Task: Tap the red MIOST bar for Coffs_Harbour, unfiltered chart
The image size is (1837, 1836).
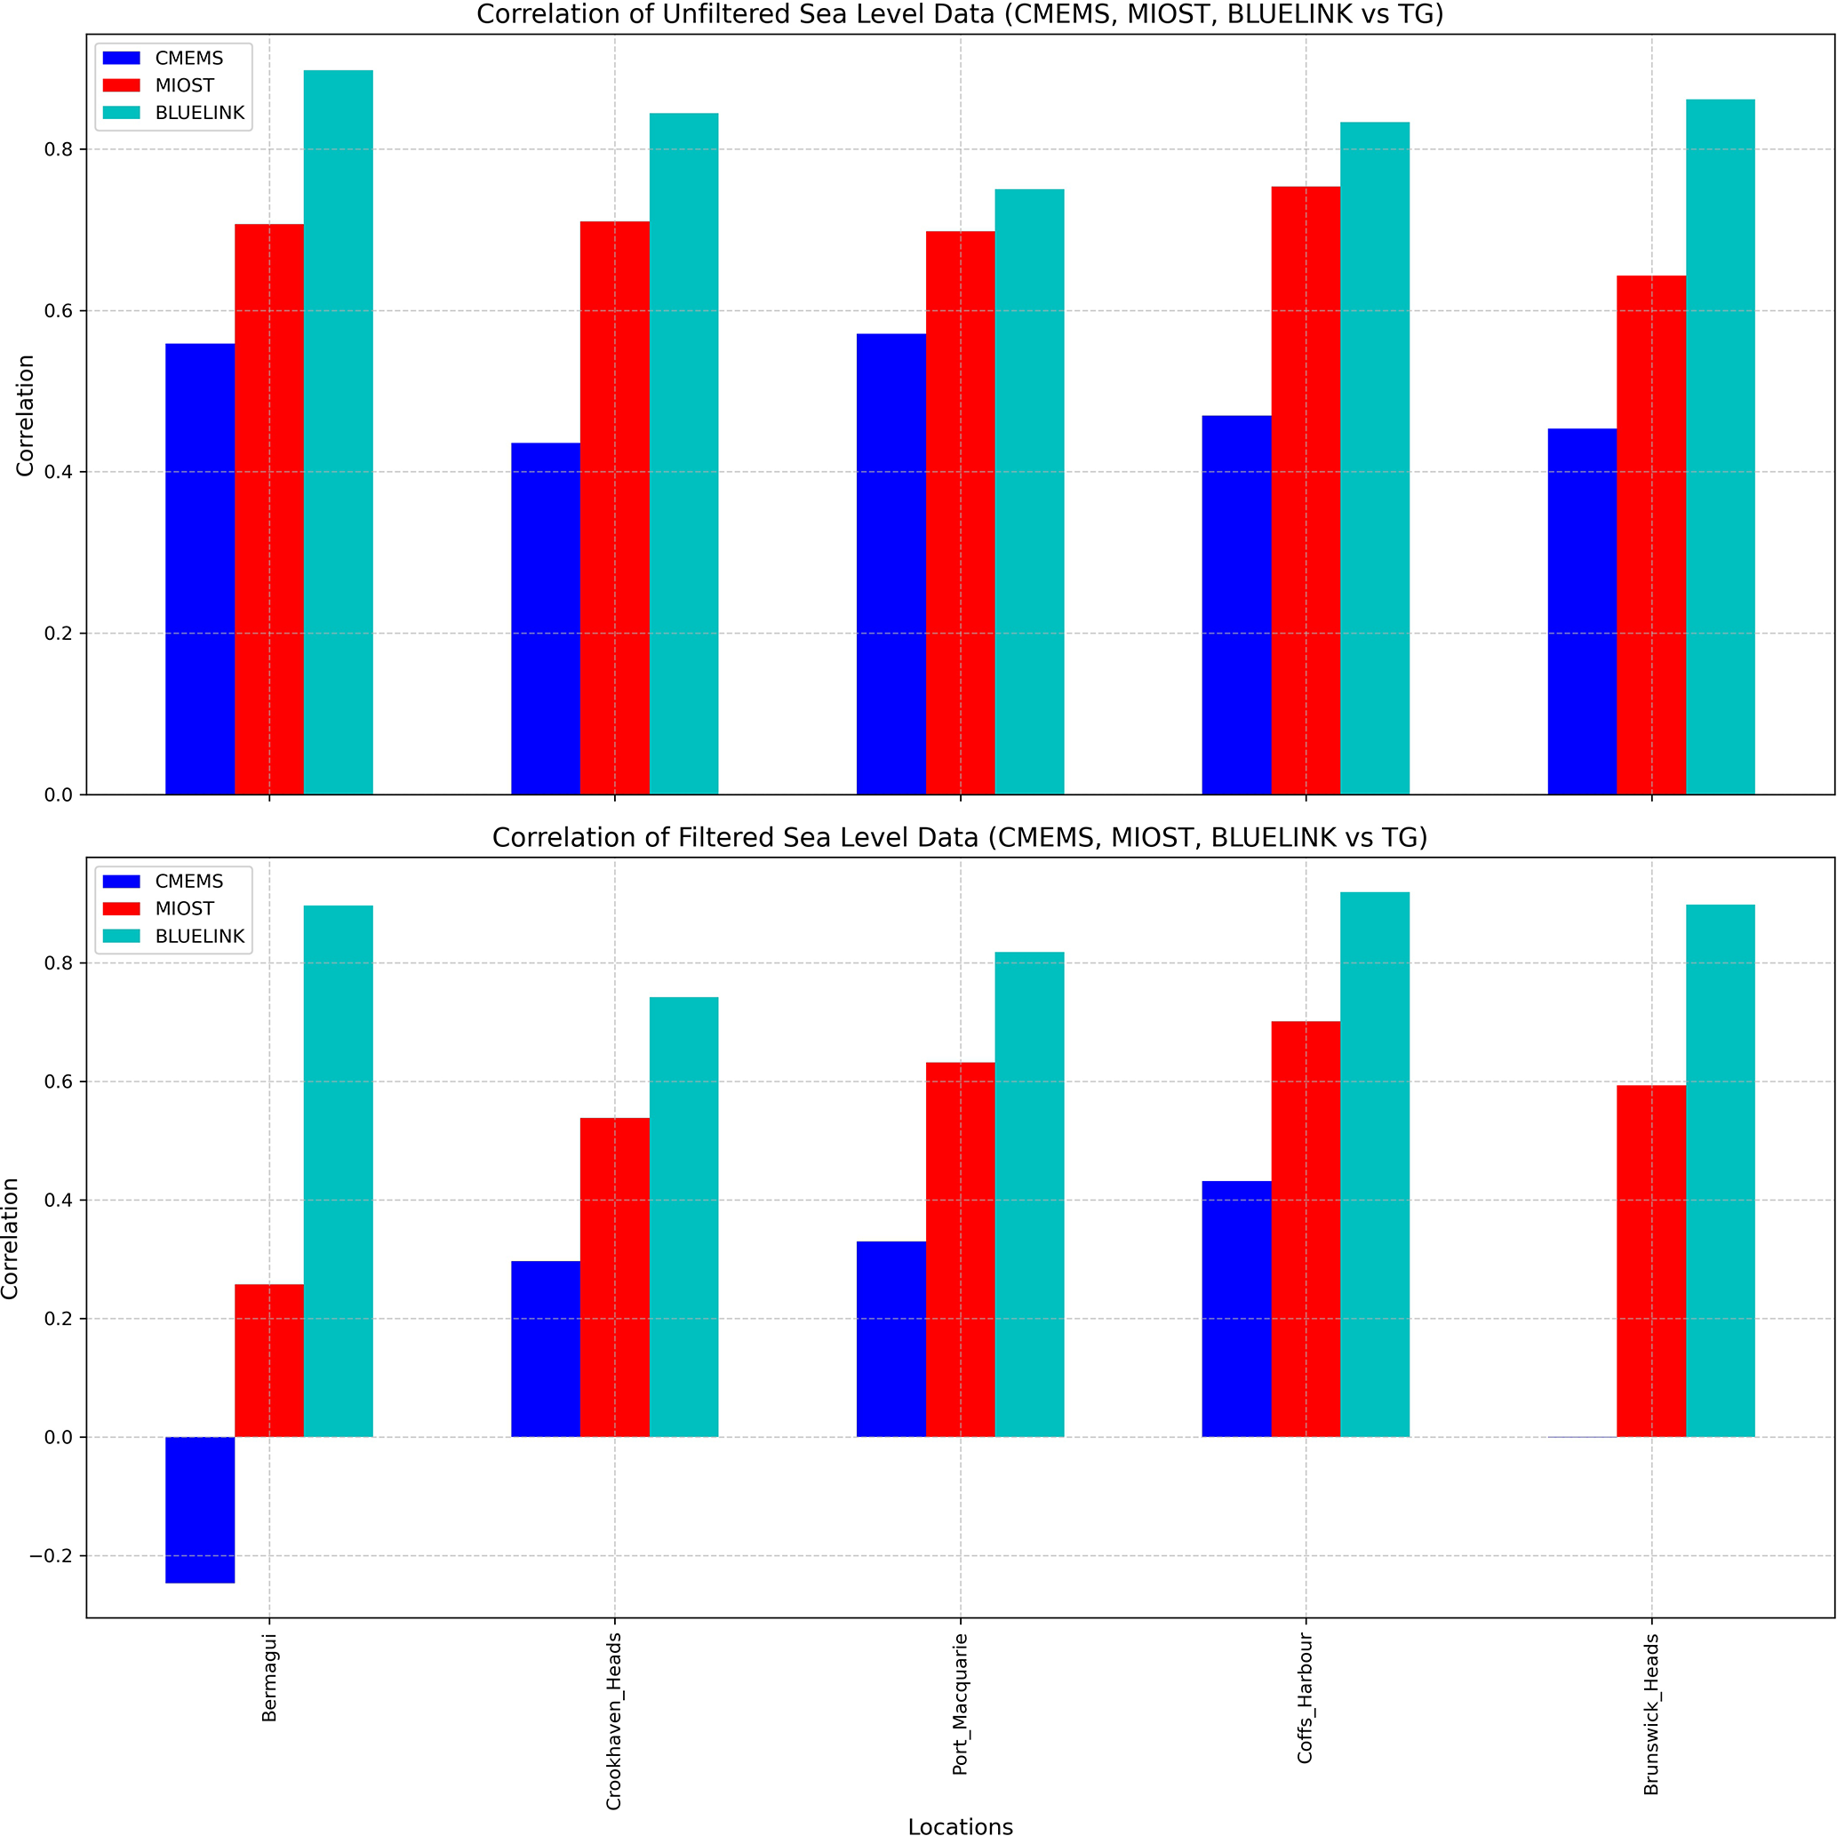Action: coord(1305,490)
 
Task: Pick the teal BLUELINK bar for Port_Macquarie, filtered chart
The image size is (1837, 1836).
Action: coord(1029,1194)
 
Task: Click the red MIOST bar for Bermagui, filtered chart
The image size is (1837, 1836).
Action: coord(269,1361)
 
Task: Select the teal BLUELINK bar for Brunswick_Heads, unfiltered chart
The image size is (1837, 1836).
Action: coord(1719,447)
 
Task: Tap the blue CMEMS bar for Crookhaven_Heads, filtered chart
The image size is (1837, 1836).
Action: coord(545,1349)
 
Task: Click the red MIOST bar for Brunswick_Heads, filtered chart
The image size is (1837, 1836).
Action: coord(1650,1261)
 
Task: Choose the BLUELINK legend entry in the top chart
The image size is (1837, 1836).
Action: coord(199,112)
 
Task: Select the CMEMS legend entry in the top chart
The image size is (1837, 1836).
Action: coord(188,58)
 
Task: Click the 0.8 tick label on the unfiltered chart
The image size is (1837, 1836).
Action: coord(58,149)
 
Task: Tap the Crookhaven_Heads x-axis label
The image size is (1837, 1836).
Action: coord(614,1721)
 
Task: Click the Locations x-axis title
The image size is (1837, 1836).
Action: coord(960,1825)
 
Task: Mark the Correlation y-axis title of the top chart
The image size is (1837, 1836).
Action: coord(25,416)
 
